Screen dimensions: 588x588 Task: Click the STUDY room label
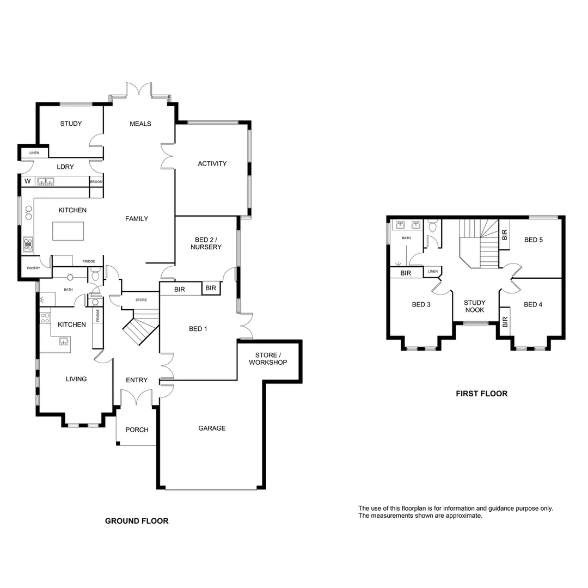pyautogui.click(x=71, y=124)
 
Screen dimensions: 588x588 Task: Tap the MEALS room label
pyautogui.click(x=140, y=124)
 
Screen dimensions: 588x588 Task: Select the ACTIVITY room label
pyautogui.click(x=212, y=164)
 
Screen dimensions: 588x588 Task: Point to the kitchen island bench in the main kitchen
pyautogui.click(x=68, y=231)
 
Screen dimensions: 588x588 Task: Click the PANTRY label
pyautogui.click(x=34, y=268)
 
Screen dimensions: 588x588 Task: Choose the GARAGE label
pyautogui.click(x=212, y=428)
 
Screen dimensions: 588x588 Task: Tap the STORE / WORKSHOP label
pyautogui.click(x=267, y=358)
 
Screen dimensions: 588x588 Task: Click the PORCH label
pyautogui.click(x=137, y=430)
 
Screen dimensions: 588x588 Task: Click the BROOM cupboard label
pyautogui.click(x=96, y=182)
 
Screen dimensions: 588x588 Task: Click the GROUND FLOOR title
pyautogui.click(x=137, y=521)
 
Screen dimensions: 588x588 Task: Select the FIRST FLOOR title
pyautogui.click(x=481, y=394)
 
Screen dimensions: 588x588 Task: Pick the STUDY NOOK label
pyautogui.click(x=475, y=306)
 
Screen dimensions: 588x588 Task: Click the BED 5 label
pyautogui.click(x=534, y=240)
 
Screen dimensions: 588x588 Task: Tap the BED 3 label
pyautogui.click(x=421, y=305)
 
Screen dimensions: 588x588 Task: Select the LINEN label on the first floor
pyautogui.click(x=432, y=272)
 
